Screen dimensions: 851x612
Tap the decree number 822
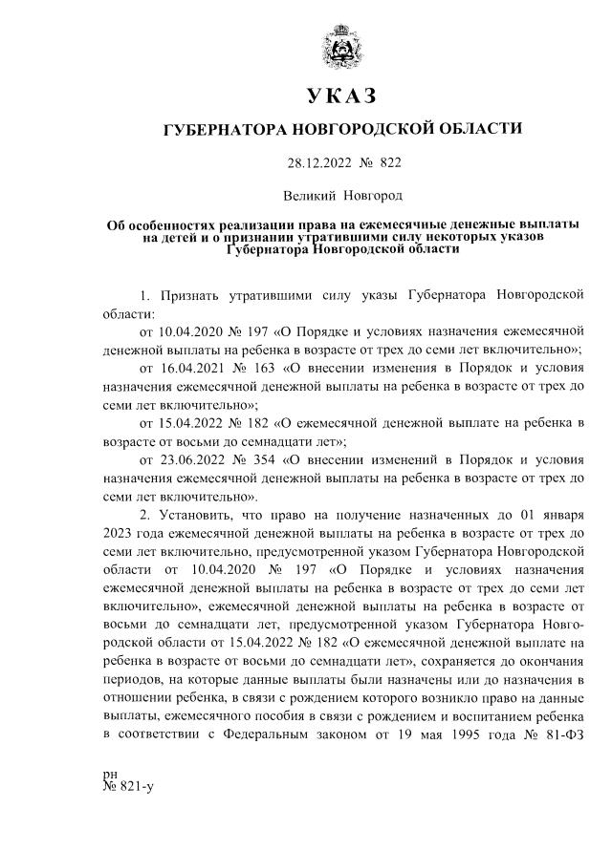pos(390,162)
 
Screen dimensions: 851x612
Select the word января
pos(561,516)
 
